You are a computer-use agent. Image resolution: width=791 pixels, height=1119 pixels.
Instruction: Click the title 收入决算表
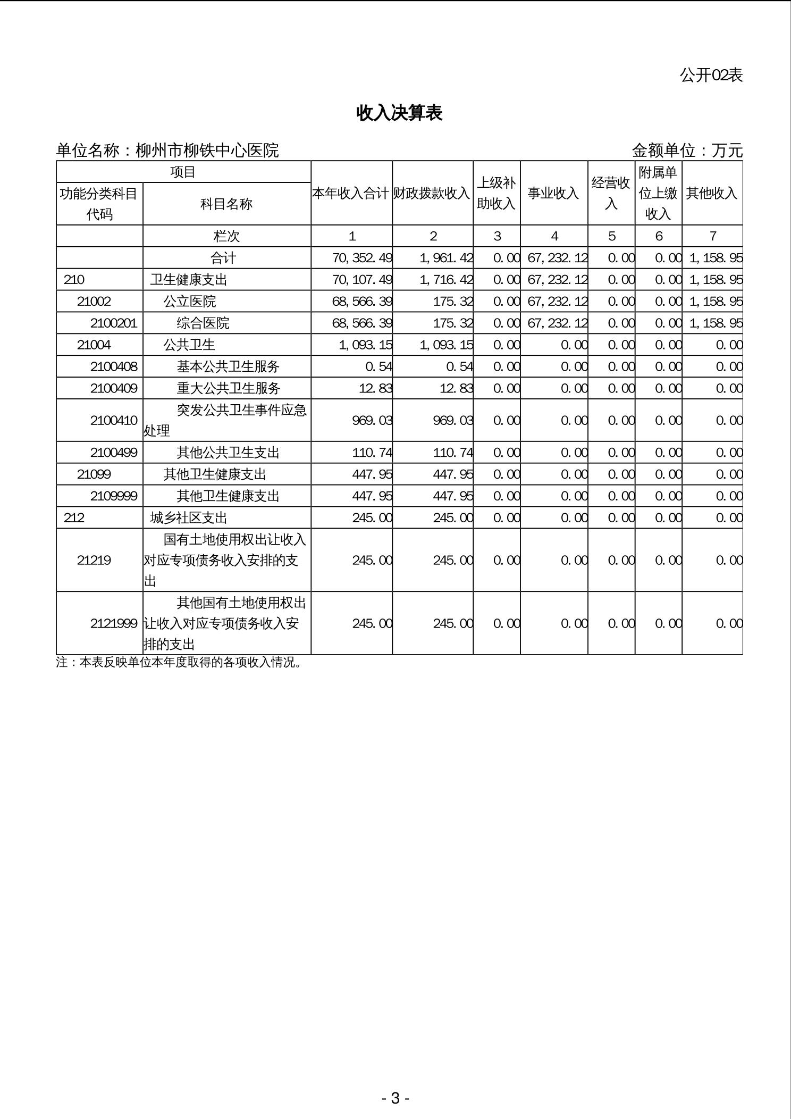coord(399,113)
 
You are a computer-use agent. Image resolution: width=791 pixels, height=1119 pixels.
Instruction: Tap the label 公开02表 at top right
coord(711,76)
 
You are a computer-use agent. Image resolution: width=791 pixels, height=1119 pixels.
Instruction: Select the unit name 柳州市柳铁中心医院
coord(207,151)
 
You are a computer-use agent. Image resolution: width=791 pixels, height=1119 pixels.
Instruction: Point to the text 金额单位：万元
coord(687,151)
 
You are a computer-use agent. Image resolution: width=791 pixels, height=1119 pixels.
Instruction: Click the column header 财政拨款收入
coord(432,193)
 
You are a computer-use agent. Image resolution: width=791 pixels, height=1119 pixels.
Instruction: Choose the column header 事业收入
coord(553,193)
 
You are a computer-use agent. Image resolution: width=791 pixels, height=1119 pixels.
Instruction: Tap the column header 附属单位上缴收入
coord(658,193)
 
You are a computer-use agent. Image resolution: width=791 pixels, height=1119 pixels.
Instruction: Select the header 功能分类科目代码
coord(99,204)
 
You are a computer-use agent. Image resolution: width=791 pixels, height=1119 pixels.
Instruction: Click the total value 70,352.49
coord(362,258)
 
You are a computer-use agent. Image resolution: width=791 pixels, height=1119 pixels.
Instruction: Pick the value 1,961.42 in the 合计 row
coord(446,258)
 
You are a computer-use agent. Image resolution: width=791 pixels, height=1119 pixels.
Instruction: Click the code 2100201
coord(114,323)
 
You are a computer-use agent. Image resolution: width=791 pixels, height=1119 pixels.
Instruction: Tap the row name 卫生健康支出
coord(189,280)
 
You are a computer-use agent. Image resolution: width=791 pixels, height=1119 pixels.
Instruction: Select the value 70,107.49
coord(362,280)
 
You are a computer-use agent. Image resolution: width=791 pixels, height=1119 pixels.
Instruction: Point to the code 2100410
coord(114,420)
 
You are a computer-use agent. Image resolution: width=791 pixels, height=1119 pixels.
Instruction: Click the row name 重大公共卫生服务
coord(229,388)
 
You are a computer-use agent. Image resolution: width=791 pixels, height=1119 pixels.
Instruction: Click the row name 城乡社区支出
coord(189,517)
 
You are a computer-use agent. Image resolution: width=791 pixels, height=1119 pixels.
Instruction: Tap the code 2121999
coord(114,623)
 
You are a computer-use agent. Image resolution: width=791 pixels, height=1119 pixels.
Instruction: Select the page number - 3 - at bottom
coord(395,1098)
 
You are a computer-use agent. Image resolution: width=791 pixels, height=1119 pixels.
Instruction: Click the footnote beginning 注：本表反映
coord(179,663)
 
